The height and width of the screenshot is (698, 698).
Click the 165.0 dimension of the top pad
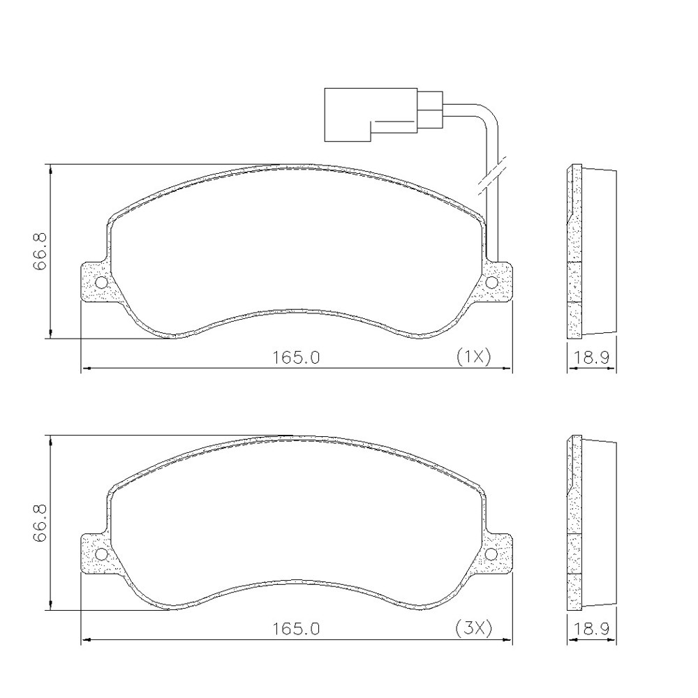(297, 357)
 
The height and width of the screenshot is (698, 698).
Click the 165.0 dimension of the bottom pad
(297, 628)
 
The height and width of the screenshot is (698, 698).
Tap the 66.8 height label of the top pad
(39, 251)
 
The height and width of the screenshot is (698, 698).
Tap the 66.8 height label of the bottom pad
(39, 523)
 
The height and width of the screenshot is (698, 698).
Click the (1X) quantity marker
(474, 357)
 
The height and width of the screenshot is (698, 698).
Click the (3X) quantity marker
(474, 628)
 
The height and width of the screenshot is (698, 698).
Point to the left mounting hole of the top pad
(101, 283)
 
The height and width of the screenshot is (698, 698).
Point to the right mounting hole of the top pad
(491, 283)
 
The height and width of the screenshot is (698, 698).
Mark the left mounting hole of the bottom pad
(101, 554)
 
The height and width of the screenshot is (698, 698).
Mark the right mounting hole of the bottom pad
(491, 554)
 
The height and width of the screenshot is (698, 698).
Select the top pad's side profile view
(590, 251)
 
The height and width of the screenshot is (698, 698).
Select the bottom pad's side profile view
(590, 522)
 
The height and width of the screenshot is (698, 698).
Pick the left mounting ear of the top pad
(93, 283)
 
